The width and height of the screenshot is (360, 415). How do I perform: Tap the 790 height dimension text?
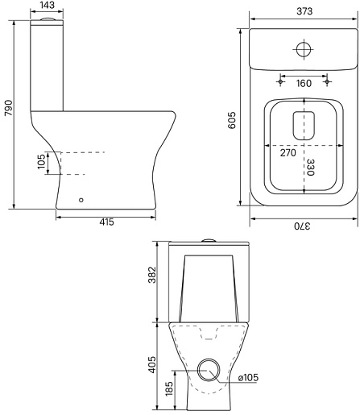click(9, 108)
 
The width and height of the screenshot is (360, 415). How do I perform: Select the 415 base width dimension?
click(106, 222)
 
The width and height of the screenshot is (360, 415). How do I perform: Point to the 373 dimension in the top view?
click(304, 11)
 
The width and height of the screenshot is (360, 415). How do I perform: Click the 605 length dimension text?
click(232, 120)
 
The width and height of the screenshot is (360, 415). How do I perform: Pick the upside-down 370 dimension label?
click(302, 226)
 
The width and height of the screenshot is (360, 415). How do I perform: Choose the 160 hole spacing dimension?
click(304, 84)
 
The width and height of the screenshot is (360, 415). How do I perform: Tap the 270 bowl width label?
click(288, 152)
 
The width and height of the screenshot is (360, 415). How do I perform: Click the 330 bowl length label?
click(310, 167)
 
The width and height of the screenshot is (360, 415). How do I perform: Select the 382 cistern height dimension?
click(152, 275)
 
